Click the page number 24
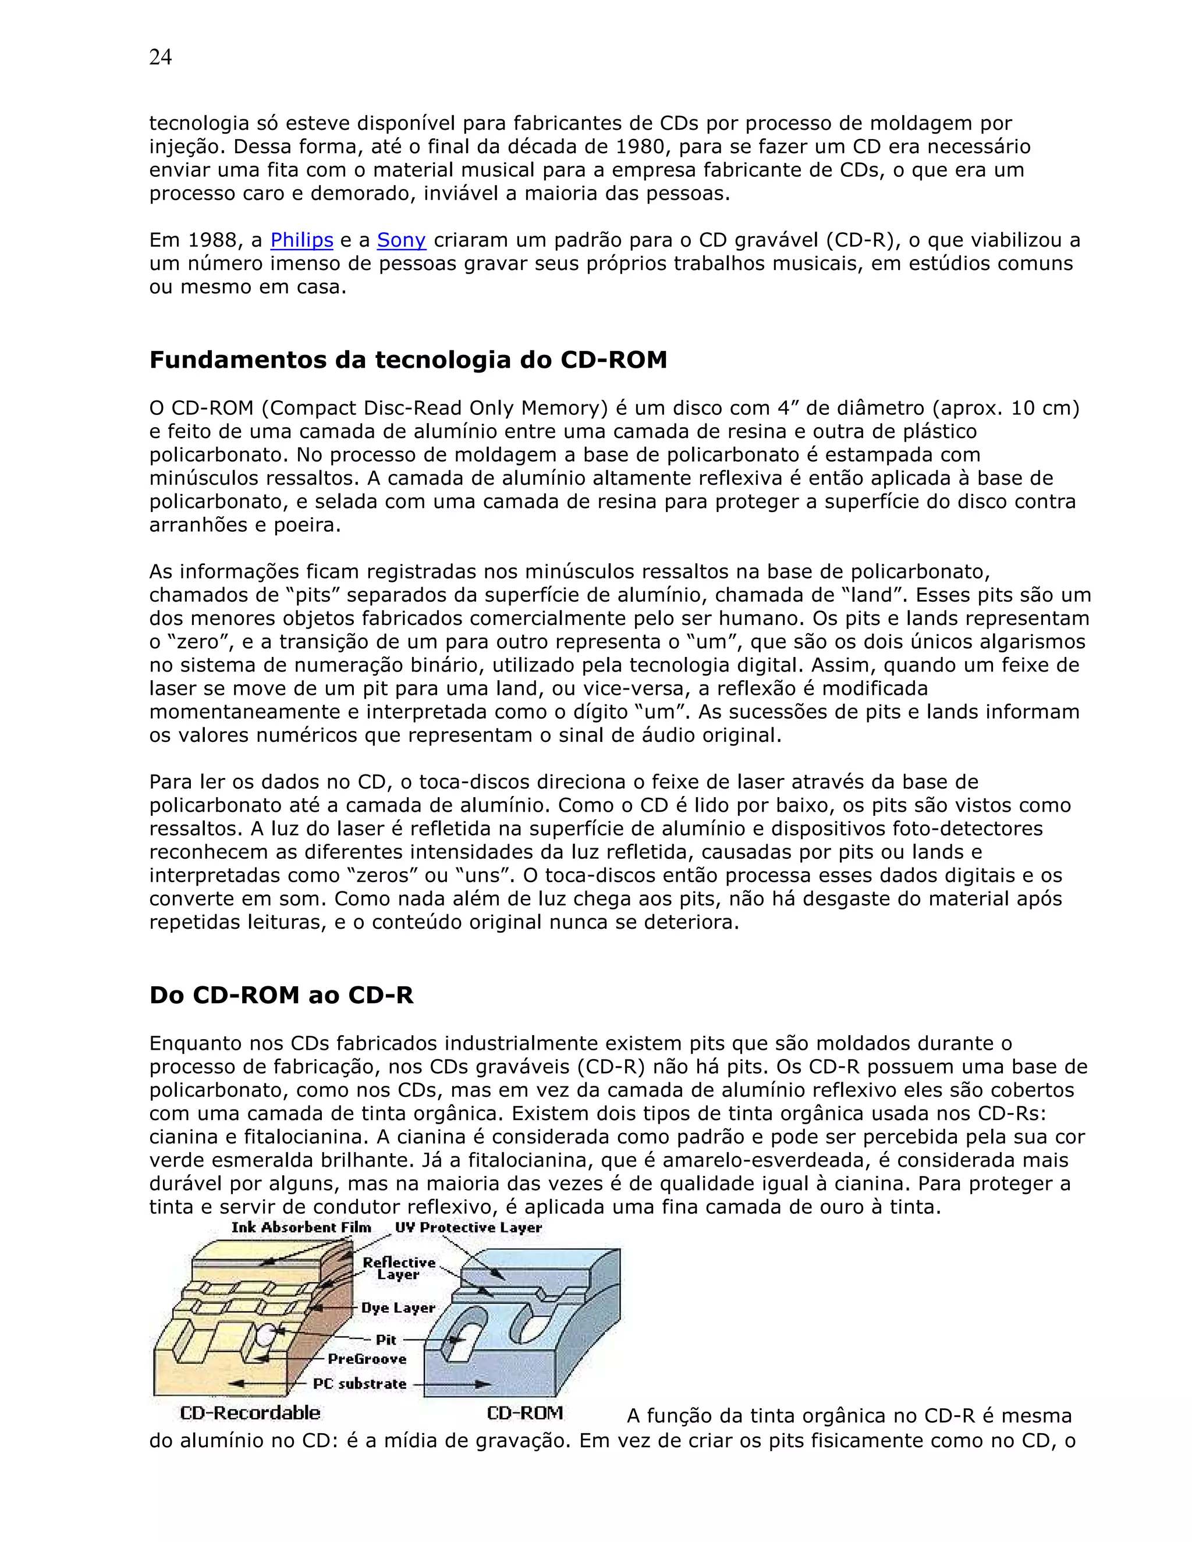[160, 57]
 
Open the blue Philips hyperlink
[301, 240]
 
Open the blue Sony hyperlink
[401, 240]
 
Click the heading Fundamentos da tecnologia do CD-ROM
[407, 360]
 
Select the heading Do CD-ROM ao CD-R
[281, 995]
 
